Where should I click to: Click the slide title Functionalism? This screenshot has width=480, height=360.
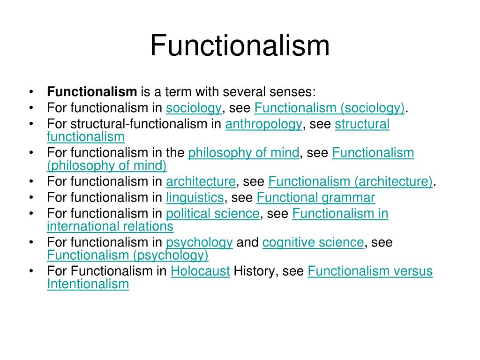tap(240, 46)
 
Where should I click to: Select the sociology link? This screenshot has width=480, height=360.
tap(194, 108)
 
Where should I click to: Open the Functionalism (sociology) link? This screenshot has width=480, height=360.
tap(330, 108)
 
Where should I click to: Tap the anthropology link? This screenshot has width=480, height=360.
tap(264, 124)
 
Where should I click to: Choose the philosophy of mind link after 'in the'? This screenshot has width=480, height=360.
tap(243, 153)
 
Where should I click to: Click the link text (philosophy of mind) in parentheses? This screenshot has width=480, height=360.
tap(107, 165)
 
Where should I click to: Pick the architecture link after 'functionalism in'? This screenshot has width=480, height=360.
tap(201, 181)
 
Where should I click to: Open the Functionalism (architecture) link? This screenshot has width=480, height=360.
tap(351, 181)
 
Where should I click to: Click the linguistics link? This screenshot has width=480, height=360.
tap(195, 198)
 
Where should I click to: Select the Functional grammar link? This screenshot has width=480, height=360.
tap(316, 198)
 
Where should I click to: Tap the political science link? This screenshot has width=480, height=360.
tap(212, 214)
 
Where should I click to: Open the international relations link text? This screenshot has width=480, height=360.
tap(110, 227)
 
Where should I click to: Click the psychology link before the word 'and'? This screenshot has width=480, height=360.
tap(199, 243)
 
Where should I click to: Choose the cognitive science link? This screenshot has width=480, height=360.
tap(313, 243)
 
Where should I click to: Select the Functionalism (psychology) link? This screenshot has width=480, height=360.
tap(127, 255)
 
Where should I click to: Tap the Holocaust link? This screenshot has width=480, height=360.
tap(200, 271)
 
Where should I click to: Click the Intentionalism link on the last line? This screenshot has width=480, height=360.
tap(88, 284)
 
